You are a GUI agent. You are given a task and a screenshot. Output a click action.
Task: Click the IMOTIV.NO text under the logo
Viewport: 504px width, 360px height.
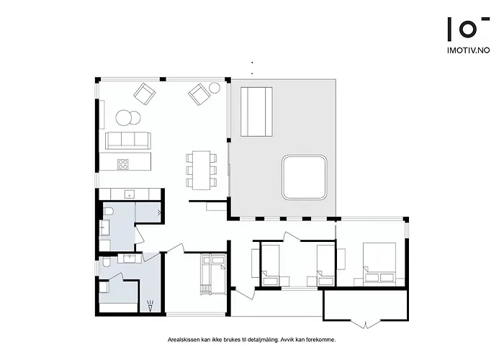coord(469,50)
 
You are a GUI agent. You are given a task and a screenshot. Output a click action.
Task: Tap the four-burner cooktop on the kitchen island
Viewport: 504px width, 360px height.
coord(123,164)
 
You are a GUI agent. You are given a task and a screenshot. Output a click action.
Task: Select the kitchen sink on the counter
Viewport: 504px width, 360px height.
coord(130,194)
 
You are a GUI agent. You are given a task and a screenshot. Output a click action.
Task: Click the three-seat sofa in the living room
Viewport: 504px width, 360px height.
coord(128,140)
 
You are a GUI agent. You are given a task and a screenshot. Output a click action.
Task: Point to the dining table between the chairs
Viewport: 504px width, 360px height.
coord(201,171)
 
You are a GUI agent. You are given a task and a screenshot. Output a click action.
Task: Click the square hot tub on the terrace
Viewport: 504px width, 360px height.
coord(304,177)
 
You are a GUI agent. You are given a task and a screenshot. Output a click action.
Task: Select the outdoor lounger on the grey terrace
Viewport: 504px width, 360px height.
coord(256,112)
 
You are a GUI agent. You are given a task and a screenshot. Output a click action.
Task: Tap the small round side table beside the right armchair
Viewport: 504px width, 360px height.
coord(215,88)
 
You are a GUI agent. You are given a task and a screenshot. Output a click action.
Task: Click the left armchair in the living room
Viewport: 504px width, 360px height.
coord(145,94)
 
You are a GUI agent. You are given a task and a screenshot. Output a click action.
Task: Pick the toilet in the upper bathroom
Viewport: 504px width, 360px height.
coord(108,211)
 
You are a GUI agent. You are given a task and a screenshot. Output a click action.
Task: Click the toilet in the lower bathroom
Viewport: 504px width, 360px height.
coord(107,263)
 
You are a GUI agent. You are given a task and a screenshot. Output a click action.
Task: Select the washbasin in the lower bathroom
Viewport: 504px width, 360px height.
coord(130,258)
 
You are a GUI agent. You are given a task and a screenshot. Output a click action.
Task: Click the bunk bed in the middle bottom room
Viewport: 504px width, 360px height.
coord(212,274)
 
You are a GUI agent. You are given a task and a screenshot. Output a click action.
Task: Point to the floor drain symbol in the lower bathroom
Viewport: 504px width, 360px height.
coord(150,306)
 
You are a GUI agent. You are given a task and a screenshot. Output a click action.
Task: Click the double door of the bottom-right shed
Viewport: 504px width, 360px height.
coord(365,324)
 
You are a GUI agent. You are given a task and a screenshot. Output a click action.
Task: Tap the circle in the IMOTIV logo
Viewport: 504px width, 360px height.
coord(468,30)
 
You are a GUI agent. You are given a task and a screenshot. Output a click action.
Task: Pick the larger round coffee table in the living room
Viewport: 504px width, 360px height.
coord(124,117)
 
